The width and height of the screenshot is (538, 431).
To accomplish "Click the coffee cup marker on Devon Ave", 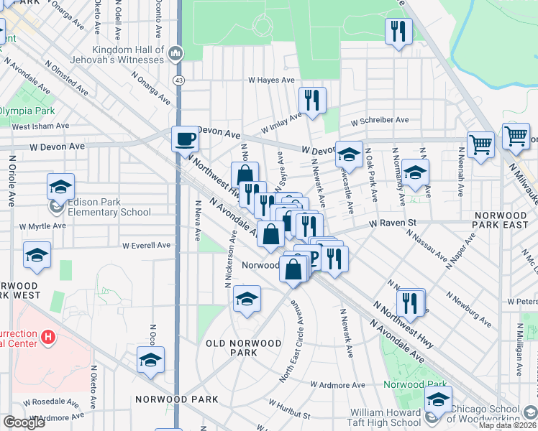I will point(185,139).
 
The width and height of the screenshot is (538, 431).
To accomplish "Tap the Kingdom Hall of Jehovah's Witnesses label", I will point(118,55).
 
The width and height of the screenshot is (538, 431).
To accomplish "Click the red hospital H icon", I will point(48,336).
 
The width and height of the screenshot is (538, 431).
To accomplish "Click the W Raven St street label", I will point(393,223).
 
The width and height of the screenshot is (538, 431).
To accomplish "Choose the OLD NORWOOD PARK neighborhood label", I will point(243,348).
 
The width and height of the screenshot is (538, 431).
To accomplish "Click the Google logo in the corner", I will point(24,422).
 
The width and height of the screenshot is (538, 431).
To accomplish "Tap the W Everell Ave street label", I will point(146,245).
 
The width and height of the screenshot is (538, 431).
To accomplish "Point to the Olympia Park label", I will point(27,111).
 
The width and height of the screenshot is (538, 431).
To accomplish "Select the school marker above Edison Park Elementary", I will point(61,186).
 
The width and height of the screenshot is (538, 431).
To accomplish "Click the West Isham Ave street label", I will point(40,126).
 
